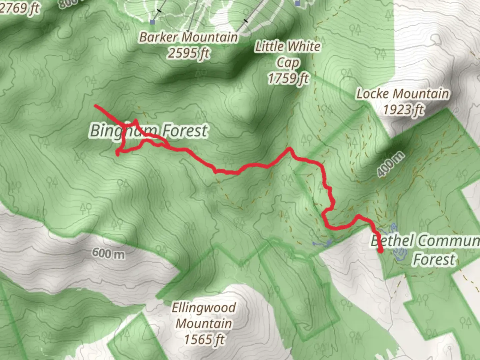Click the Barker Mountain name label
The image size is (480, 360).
tap(188, 37)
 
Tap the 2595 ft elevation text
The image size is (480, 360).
tap(189, 53)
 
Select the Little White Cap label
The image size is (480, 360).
tap(288, 54)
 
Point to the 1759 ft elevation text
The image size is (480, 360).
tap(288, 78)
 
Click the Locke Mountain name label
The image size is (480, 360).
tap(403, 94)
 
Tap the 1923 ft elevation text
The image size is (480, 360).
tap(403, 109)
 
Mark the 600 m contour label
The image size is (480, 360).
tap(108, 253)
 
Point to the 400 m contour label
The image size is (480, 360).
tap(391, 164)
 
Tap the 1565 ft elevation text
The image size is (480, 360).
tap(204, 339)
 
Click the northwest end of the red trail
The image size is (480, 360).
tap(96, 106)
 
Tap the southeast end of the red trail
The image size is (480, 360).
tap(381, 252)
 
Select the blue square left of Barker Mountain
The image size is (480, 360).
tap(152, 22)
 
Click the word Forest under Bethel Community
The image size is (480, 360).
tap(434, 259)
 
